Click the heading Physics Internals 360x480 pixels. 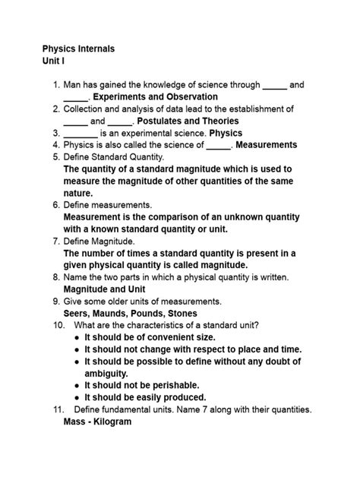(78, 49)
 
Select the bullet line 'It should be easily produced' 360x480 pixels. (145, 397)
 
